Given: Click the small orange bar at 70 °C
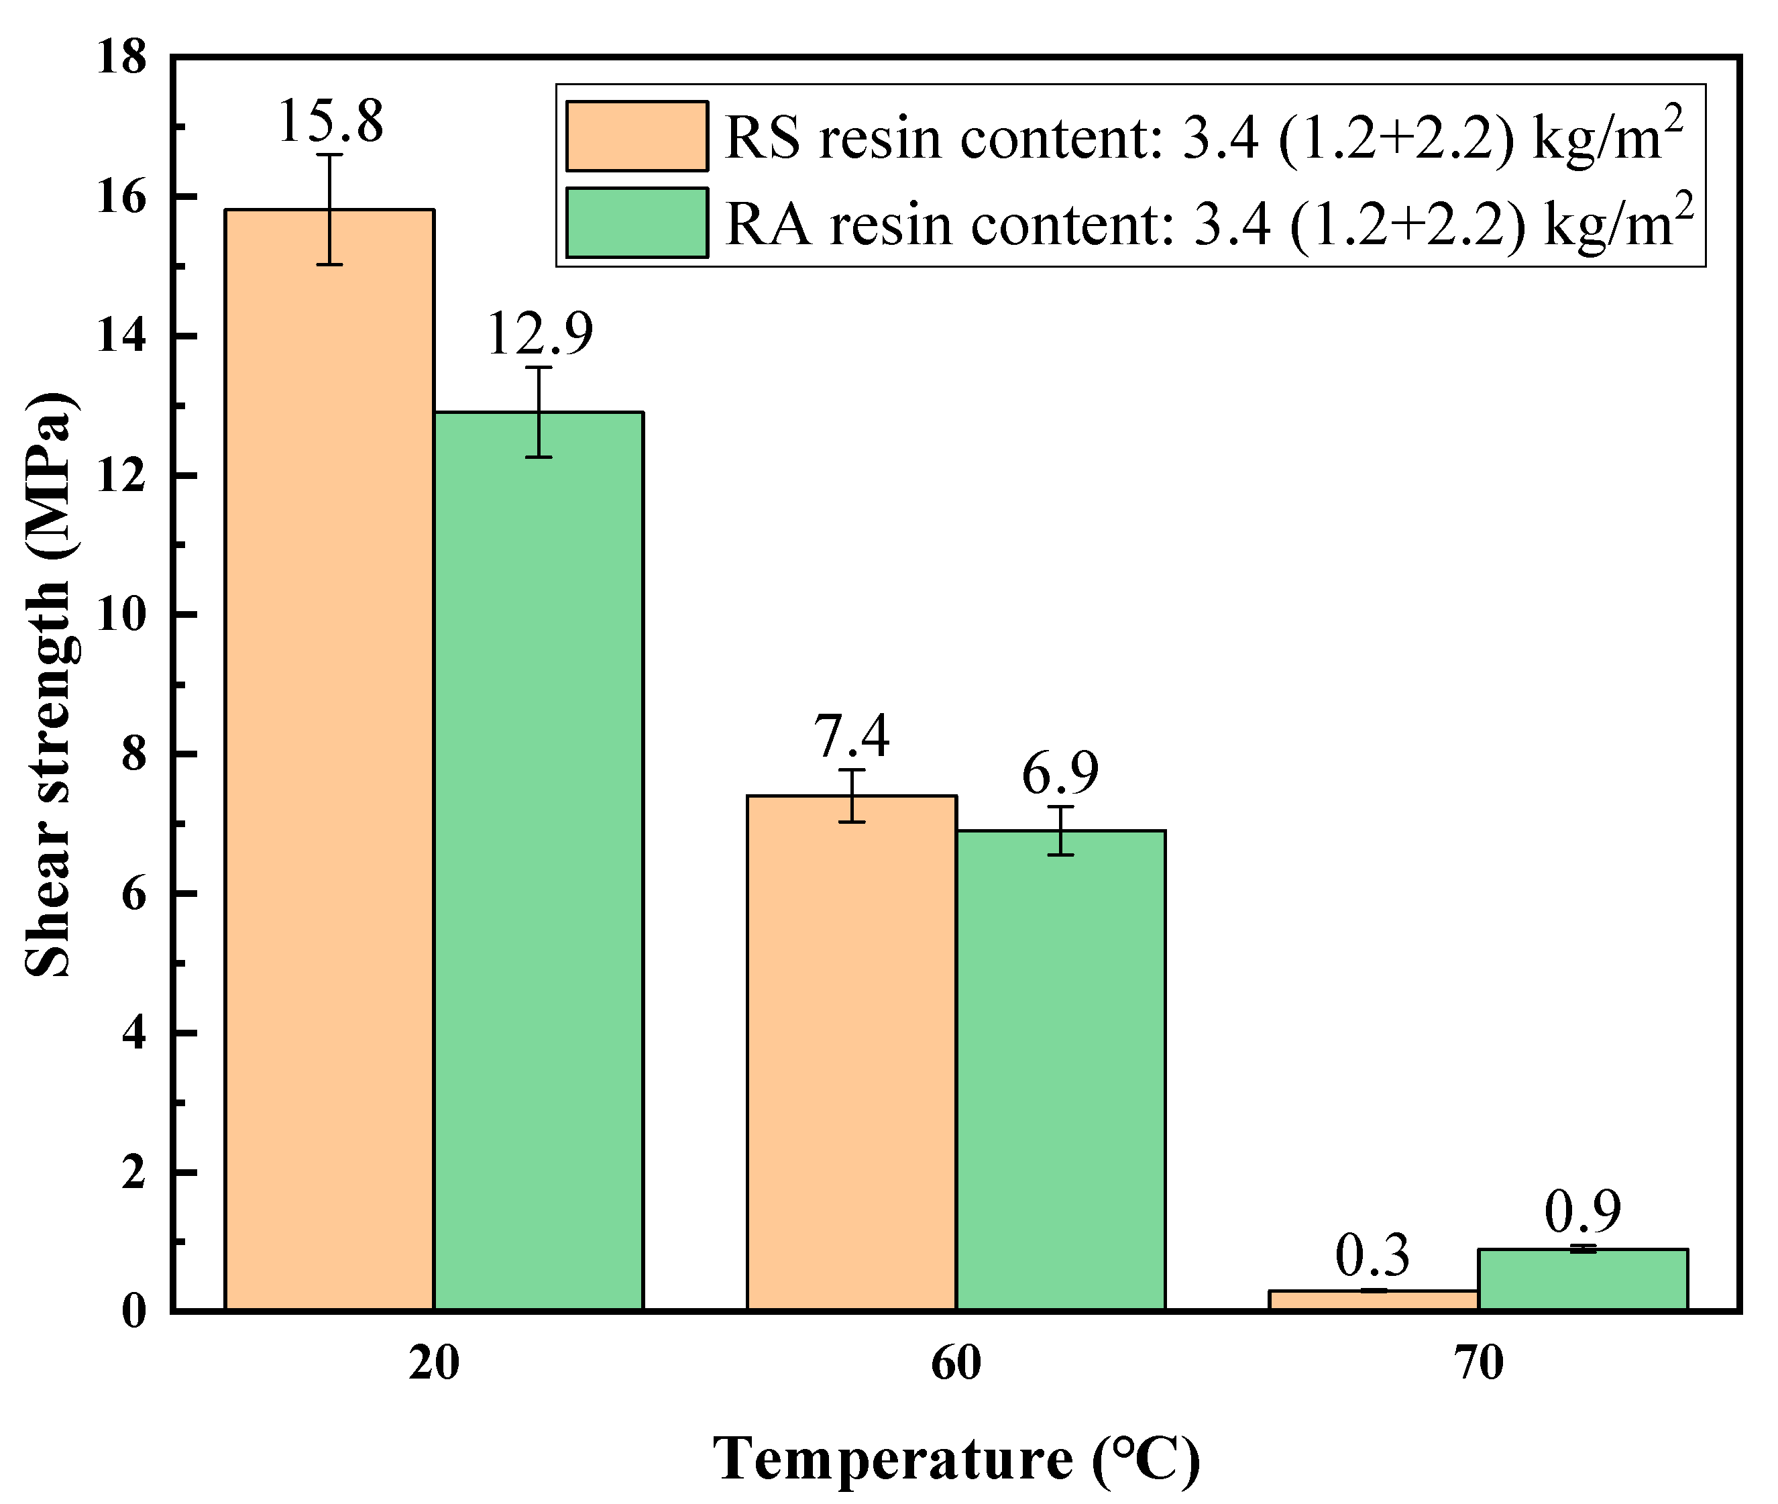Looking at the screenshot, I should tap(1373, 1300).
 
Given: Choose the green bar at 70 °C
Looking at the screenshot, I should tap(1582, 1279).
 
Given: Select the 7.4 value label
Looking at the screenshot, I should tap(852, 736).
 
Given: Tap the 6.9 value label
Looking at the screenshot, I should tap(1060, 773).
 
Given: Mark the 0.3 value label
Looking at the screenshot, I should tap(1372, 1256).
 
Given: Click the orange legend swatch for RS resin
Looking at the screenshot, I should tap(636, 136).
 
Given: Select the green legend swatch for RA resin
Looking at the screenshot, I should tap(636, 223).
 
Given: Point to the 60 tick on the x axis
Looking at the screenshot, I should tap(956, 1363).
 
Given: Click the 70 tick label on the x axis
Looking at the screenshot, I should tap(1478, 1363).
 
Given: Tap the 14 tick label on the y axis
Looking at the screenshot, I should tap(120, 336).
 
